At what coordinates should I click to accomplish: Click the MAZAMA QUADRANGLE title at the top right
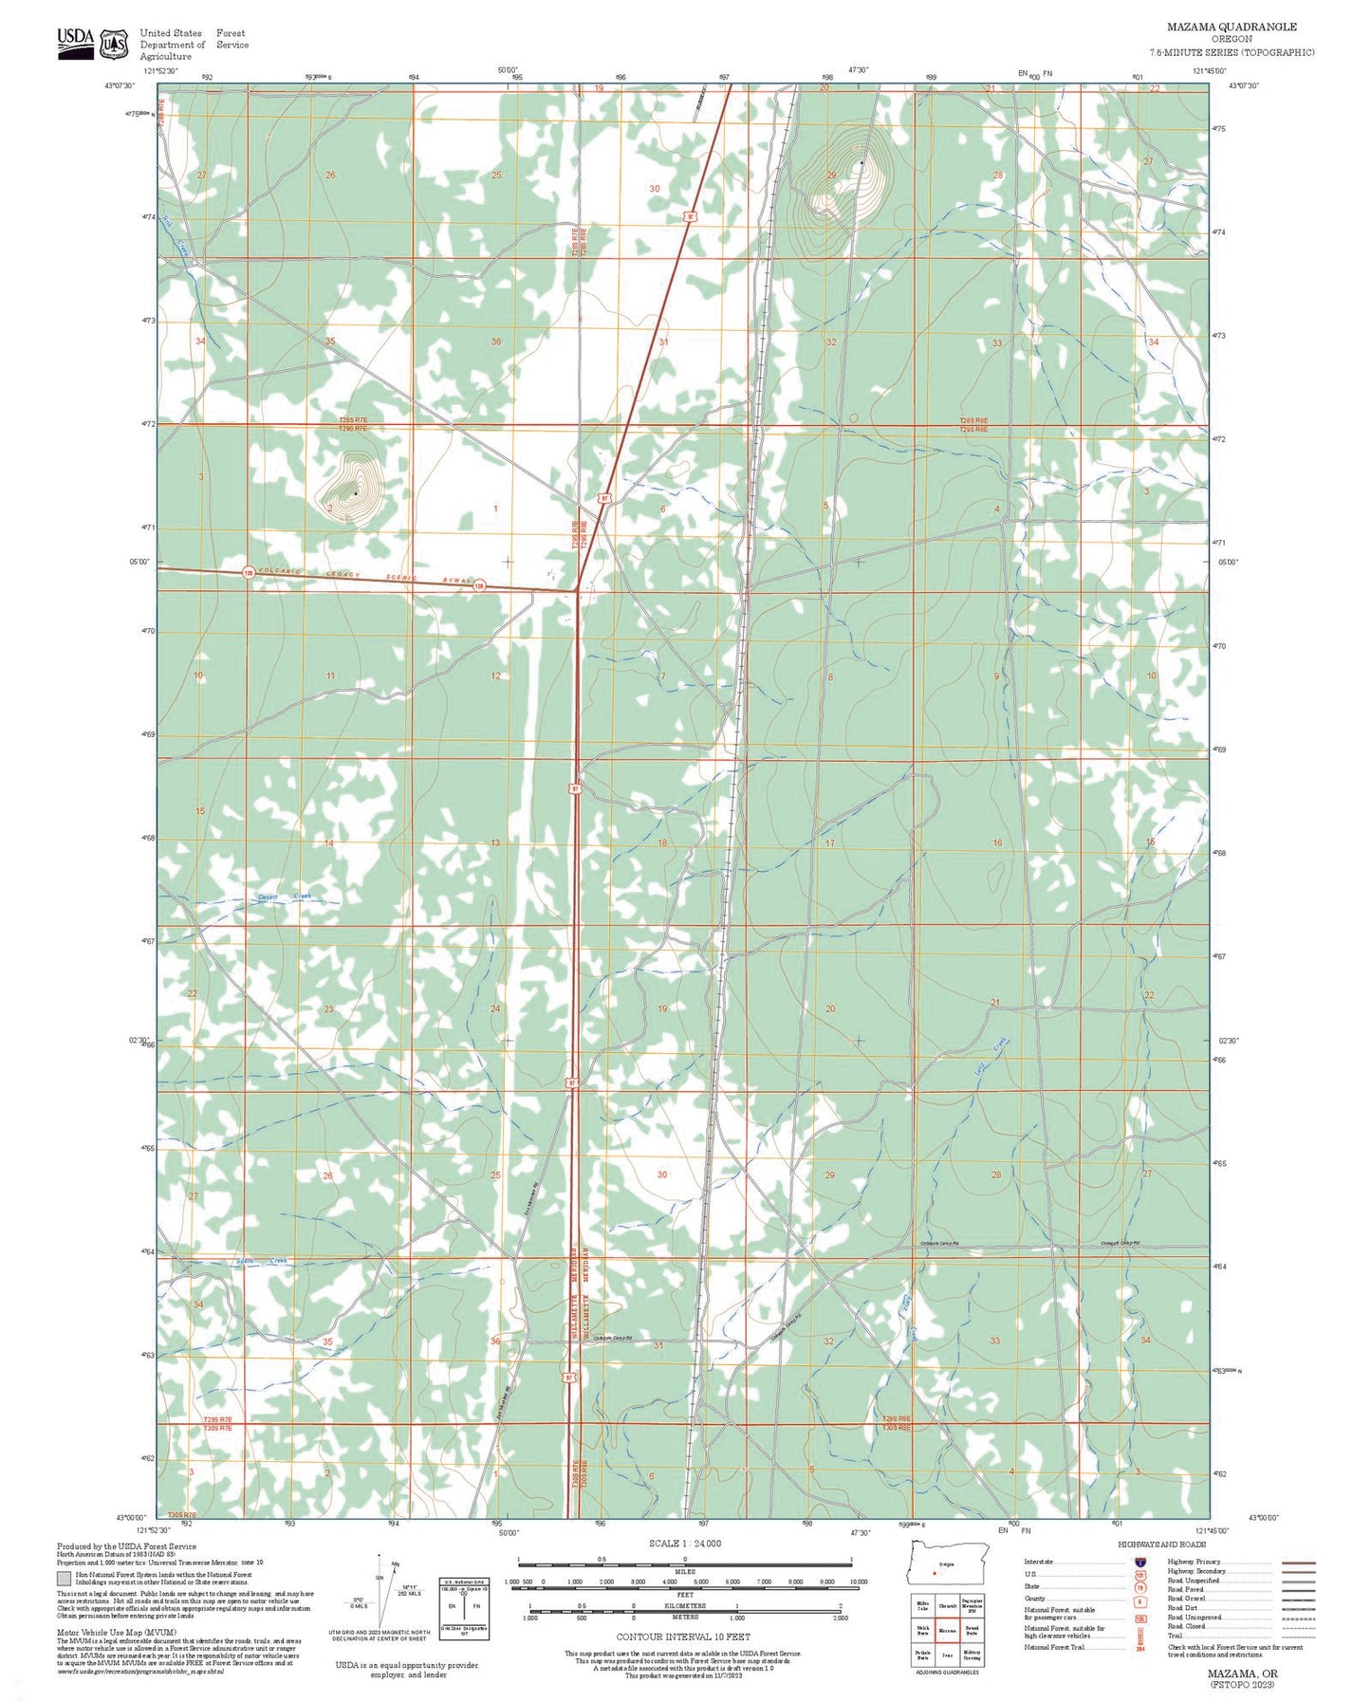coord(1232,27)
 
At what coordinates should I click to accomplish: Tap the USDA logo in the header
coord(75,43)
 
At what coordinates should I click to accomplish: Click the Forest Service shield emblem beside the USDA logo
coord(115,44)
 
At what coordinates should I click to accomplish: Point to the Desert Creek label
coord(285,897)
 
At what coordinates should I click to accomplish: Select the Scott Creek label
coord(261,1261)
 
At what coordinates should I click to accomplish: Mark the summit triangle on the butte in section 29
coord(861,163)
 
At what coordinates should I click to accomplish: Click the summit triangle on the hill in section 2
coord(355,492)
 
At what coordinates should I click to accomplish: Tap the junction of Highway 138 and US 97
coord(577,590)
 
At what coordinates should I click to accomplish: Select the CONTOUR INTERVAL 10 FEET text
coord(683,1637)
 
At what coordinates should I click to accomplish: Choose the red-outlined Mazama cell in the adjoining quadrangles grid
coord(947,1631)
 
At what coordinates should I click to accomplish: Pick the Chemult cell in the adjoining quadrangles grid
coord(947,1606)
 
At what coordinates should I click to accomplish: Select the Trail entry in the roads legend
coord(1175,1636)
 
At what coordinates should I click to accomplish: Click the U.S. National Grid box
coord(464,1609)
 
